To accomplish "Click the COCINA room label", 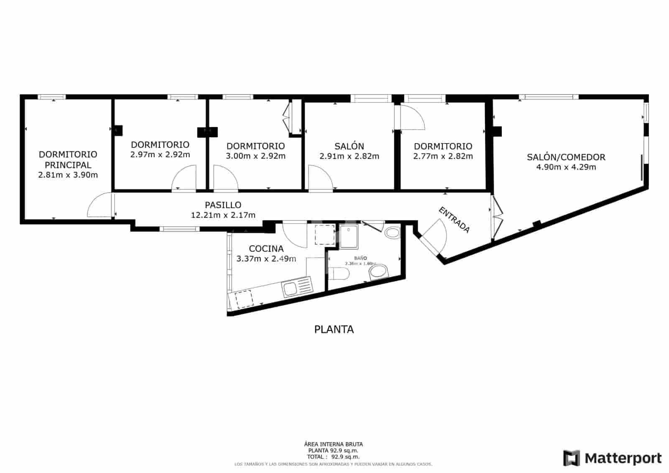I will (x=266, y=249).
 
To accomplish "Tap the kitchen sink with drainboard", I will (x=297, y=288).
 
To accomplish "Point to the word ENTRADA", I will (x=454, y=220).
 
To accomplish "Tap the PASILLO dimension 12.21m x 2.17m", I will (x=223, y=215).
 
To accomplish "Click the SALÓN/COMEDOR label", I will (x=566, y=157).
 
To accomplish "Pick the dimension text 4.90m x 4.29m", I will (x=566, y=167).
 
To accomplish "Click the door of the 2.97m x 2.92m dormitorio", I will (x=184, y=179).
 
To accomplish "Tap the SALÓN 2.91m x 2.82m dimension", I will (x=349, y=156).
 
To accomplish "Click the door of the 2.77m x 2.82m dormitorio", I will (x=412, y=118).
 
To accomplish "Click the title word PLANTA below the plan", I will (x=334, y=330).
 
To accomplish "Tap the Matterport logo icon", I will (x=571, y=458).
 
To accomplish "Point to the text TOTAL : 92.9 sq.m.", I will (x=333, y=457).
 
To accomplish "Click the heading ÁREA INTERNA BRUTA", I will (x=333, y=444).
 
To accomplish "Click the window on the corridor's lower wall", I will (x=179, y=229).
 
